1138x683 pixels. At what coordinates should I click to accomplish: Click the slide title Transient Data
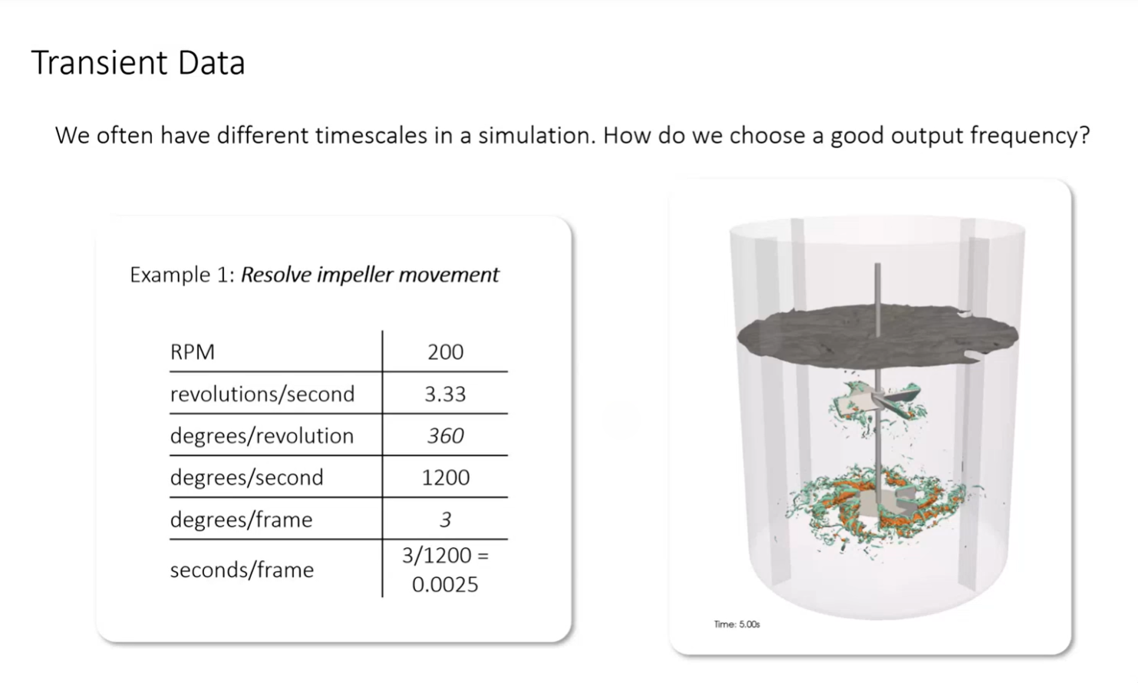[138, 62]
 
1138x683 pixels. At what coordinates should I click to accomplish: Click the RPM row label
[193, 351]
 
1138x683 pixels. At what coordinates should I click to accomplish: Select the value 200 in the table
[446, 351]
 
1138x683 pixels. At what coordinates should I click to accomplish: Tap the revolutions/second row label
[262, 394]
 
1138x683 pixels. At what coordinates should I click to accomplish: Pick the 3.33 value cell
[445, 394]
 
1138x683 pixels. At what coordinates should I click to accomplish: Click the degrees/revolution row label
[262, 436]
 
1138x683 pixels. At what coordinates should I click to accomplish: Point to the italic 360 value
[446, 436]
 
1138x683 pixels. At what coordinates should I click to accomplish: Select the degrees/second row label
[246, 477]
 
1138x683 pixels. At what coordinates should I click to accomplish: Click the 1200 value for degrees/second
[446, 477]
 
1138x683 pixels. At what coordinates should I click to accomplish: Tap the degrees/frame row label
[241, 520]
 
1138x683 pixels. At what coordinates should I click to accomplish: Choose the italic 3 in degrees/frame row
[446, 520]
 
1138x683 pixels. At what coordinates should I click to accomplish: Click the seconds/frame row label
[242, 569]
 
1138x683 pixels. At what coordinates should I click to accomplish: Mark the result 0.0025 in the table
[445, 585]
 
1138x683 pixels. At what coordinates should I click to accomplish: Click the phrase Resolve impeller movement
[370, 275]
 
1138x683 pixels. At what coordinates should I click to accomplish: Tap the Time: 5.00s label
[737, 624]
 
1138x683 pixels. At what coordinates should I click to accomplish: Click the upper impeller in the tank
[877, 404]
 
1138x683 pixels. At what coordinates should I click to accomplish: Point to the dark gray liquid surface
[877, 336]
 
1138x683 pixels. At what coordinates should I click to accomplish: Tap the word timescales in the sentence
[371, 135]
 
